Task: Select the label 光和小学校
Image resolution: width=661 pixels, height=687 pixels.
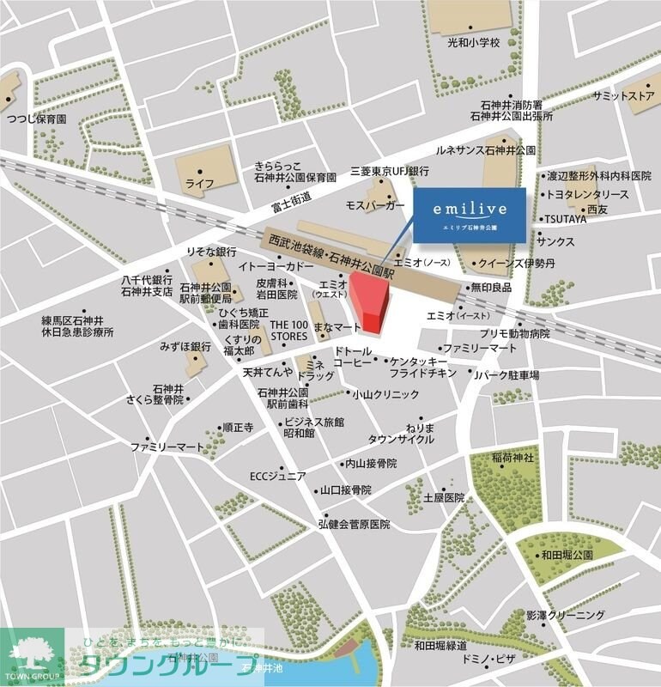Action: [x=472, y=42]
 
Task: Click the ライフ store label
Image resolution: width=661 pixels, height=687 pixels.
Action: [x=199, y=184]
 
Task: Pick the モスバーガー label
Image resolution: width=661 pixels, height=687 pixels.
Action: [x=374, y=207]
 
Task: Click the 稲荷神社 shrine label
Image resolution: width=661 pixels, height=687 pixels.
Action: [x=513, y=459]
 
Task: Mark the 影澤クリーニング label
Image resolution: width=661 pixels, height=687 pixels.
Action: [x=566, y=615]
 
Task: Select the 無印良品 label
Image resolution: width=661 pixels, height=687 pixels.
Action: [x=490, y=287]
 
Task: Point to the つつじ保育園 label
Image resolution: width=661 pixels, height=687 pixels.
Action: [x=36, y=119]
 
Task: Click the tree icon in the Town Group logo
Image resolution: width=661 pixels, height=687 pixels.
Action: [x=32, y=654]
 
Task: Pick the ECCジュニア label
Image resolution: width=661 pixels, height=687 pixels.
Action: [x=277, y=476]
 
